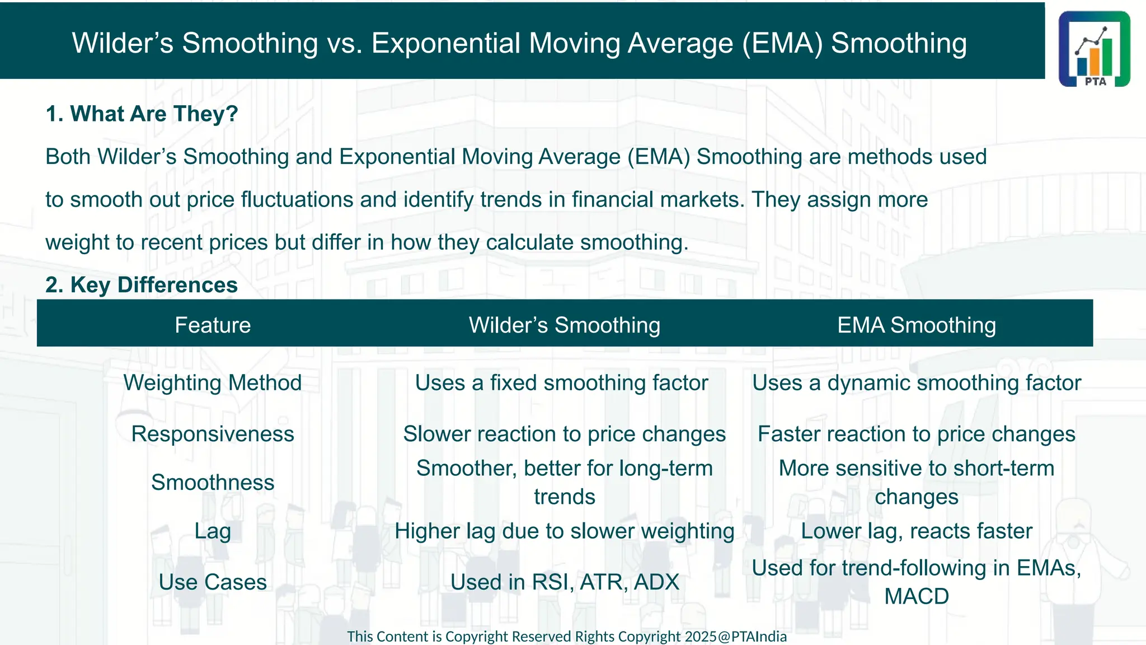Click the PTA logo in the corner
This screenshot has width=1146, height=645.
coord(1094,49)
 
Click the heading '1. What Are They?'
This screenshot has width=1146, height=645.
coord(142,114)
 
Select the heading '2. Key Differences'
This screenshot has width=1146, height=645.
coord(142,285)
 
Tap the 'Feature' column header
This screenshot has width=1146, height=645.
coord(213,325)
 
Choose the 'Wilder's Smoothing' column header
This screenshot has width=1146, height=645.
coord(564,325)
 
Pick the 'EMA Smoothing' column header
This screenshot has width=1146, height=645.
coord(916,325)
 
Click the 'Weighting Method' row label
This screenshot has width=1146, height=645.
coord(213,383)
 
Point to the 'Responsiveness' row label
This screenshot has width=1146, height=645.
coord(213,434)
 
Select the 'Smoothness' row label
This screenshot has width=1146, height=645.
coord(213,483)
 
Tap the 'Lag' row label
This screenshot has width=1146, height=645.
coord(213,531)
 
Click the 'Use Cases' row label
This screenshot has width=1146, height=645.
coord(213,582)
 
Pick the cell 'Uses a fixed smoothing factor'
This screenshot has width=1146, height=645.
coord(561,383)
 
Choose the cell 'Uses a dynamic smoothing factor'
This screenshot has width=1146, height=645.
coord(916,383)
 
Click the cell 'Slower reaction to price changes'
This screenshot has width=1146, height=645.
coord(564,434)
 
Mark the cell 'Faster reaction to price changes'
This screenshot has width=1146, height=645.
coord(916,434)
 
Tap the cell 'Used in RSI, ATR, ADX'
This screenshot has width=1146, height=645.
coord(564,582)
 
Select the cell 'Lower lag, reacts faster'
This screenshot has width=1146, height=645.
coord(916,531)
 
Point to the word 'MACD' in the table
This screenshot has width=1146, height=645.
coord(916,596)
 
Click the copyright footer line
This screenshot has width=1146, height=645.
coord(566,637)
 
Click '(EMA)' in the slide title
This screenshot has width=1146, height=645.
coord(782,44)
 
